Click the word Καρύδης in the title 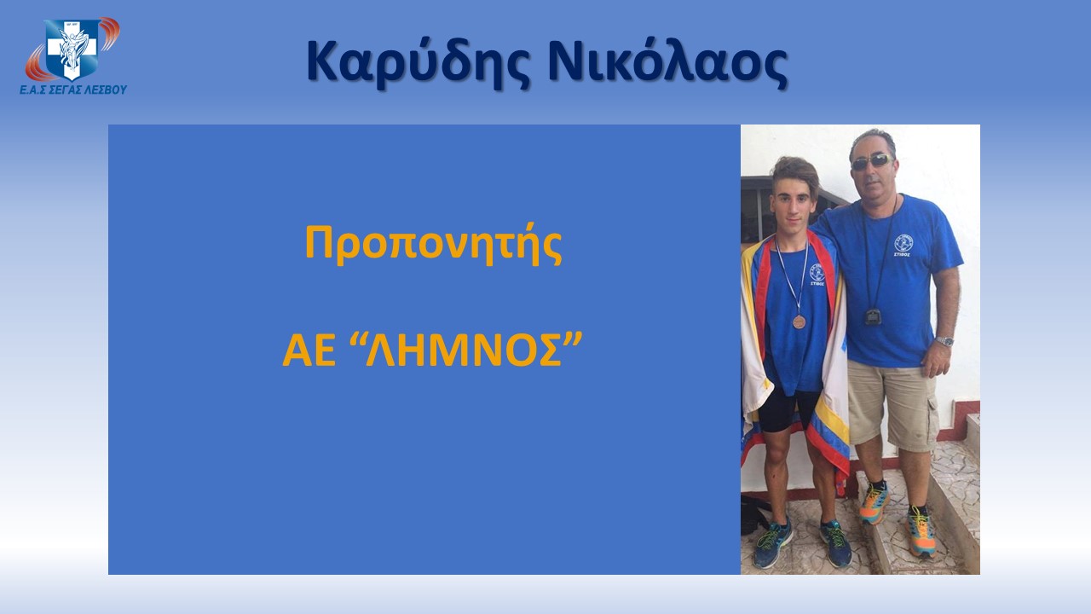[418, 62]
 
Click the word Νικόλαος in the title [667, 61]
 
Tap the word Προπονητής [434, 244]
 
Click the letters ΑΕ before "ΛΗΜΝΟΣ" [309, 351]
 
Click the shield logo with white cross [72, 49]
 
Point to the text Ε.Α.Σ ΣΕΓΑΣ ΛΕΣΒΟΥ [73, 90]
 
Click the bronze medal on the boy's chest [799, 321]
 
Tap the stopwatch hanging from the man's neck [874, 316]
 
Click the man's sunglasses [872, 161]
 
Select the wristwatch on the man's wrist [944, 341]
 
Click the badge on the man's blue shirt [903, 245]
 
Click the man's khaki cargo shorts [892, 404]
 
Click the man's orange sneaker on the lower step [921, 533]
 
